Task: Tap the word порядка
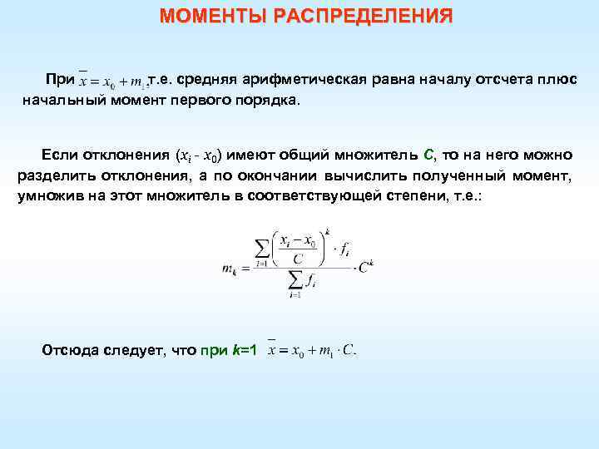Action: pyautogui.click(x=270, y=100)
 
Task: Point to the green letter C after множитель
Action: pyautogui.click(x=428, y=155)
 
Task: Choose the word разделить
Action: pyautogui.click(x=53, y=175)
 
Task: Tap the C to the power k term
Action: pyautogui.click(x=365, y=266)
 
